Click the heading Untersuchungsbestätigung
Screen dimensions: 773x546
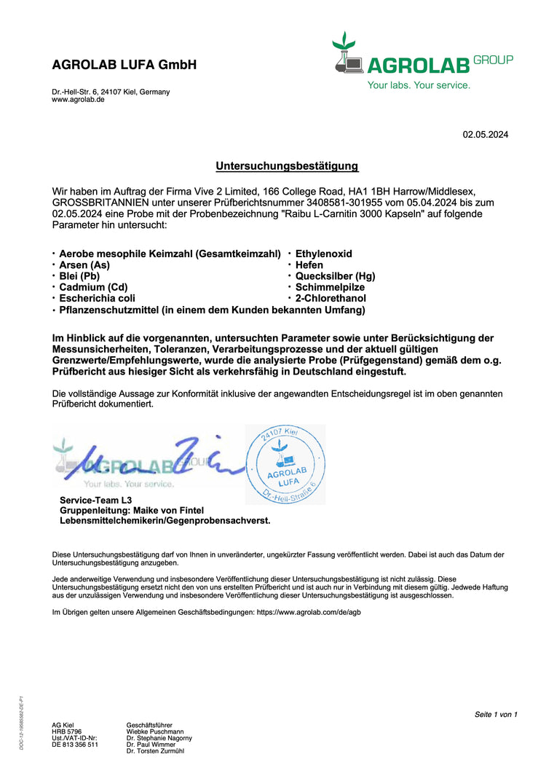287,166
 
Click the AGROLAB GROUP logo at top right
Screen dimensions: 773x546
422,62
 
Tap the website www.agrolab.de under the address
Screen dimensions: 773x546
78,100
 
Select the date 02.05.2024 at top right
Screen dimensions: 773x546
486,134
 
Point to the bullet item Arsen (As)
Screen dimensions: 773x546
84,265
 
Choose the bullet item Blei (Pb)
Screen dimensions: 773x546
79,276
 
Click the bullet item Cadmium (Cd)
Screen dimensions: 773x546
92,287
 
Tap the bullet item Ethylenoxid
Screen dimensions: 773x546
323,254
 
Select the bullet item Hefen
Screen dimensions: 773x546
309,265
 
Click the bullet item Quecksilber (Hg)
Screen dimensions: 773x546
335,276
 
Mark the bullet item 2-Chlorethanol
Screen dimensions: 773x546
331,298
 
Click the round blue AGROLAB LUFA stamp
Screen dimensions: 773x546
285,465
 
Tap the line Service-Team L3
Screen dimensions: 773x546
95,500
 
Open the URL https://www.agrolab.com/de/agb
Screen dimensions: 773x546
309,613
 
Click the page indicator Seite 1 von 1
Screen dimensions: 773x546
496,714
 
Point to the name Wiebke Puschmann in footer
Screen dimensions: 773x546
155,731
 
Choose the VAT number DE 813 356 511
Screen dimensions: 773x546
75,745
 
